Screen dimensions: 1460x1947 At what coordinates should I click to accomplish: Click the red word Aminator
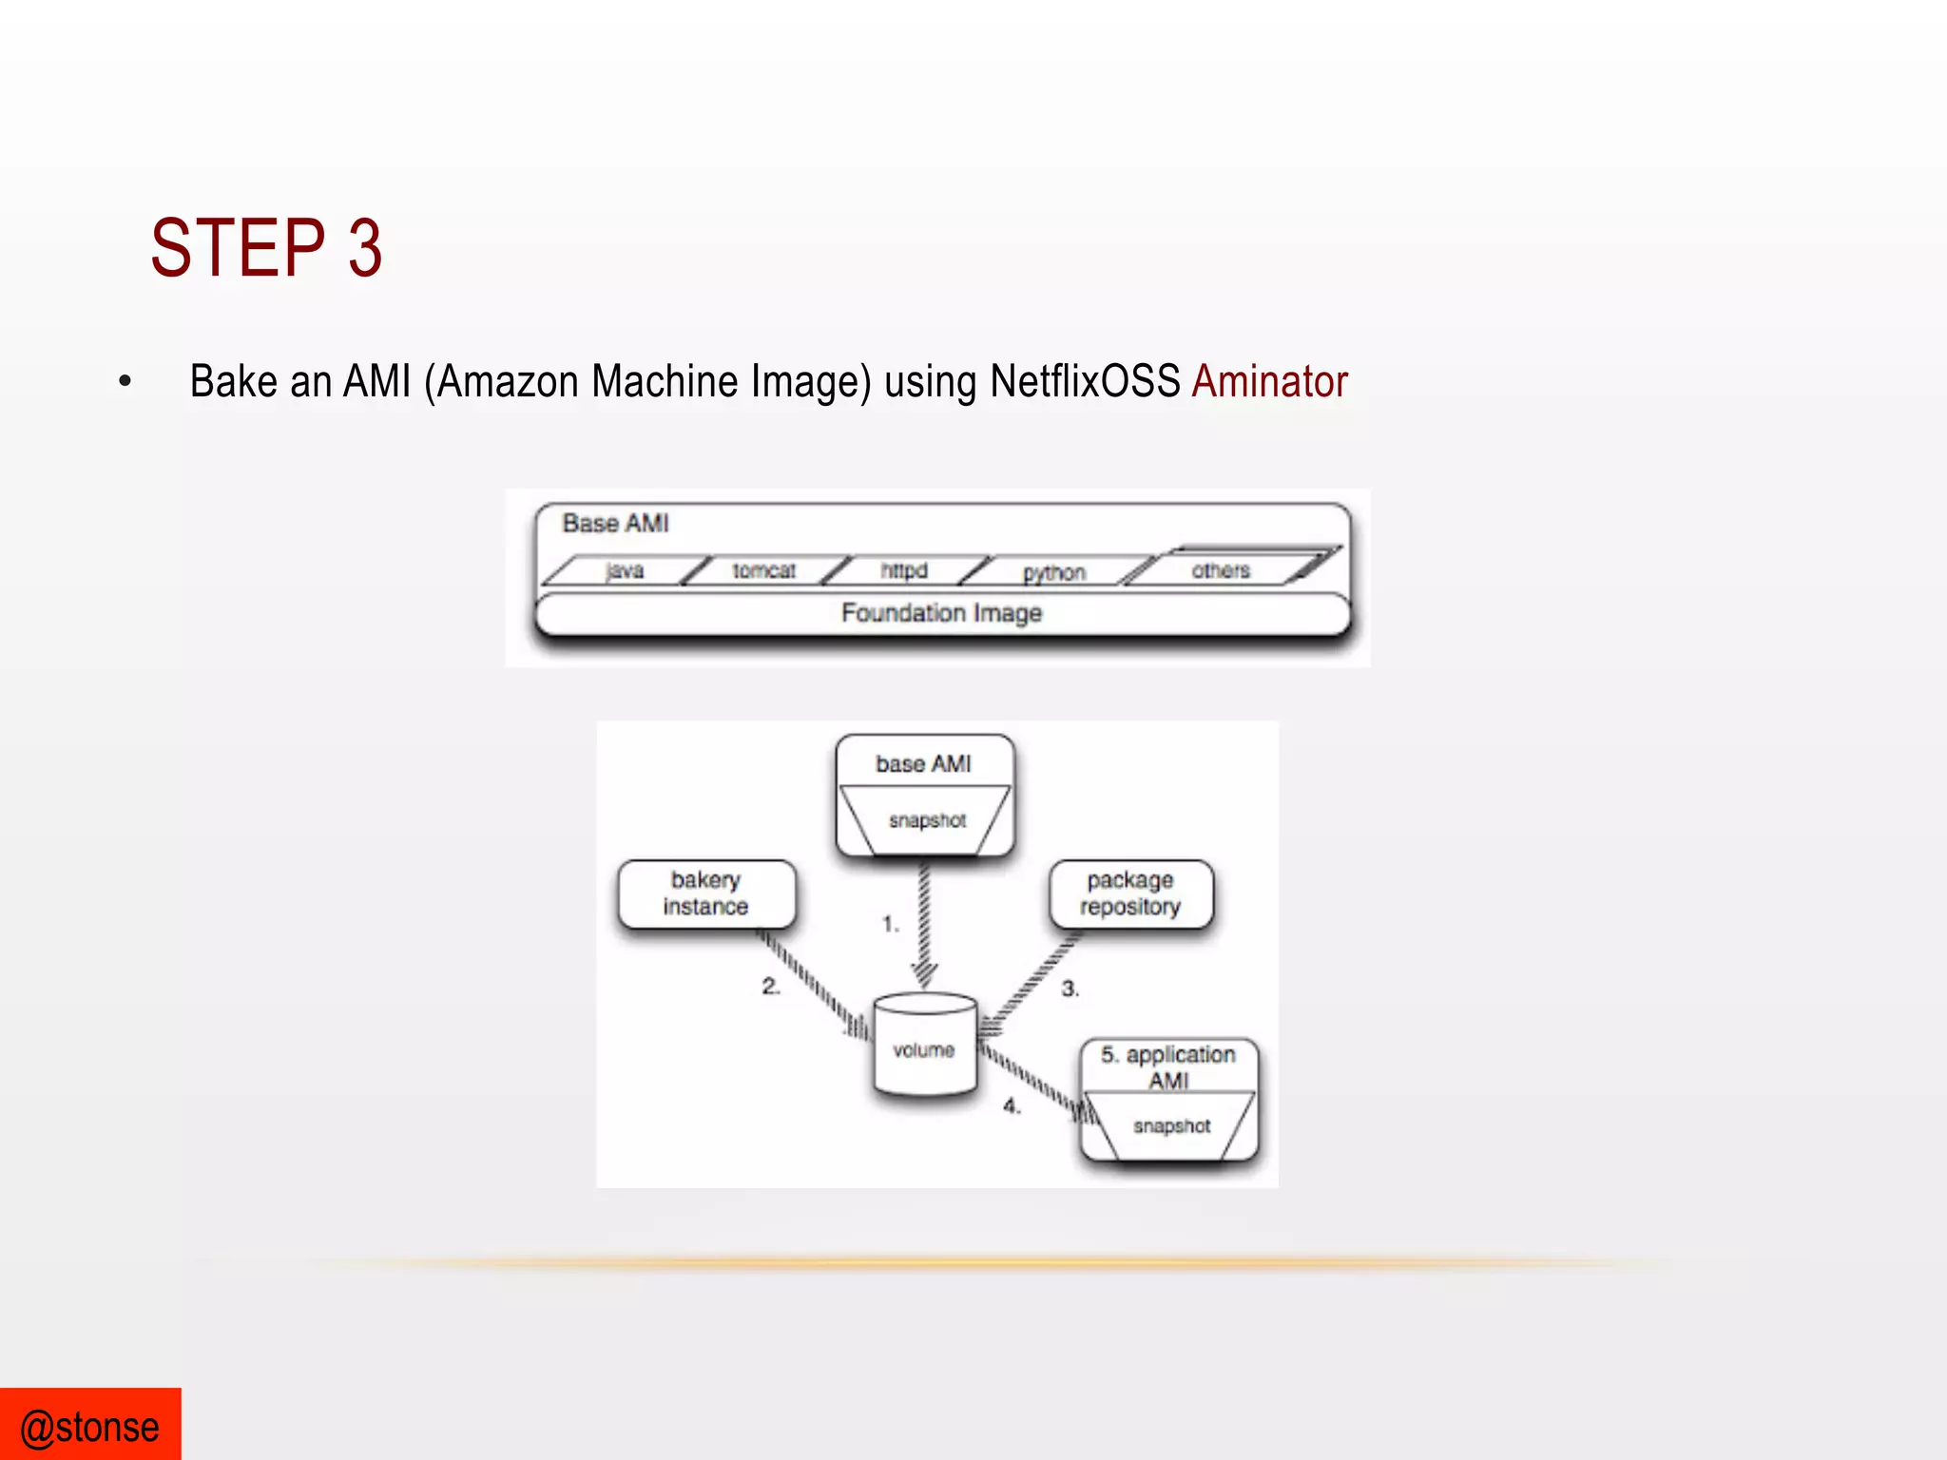click(x=1269, y=382)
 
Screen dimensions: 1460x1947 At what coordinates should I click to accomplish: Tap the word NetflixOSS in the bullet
click(x=1084, y=382)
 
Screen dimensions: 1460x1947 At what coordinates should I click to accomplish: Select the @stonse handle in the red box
click(x=90, y=1427)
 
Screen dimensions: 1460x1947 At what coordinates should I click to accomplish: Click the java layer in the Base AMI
click(x=625, y=570)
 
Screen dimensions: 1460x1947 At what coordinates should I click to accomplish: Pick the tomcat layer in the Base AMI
click(x=763, y=570)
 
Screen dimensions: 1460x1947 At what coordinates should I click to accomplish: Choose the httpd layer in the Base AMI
click(x=903, y=570)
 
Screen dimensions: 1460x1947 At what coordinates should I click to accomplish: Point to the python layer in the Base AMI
click(x=1053, y=572)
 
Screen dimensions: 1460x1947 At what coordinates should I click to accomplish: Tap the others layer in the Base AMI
click(x=1221, y=570)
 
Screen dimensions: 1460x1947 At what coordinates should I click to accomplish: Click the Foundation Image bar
click(x=941, y=613)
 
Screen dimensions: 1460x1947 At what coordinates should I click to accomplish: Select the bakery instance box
click(x=705, y=893)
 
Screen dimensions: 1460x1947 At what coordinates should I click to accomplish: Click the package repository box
click(x=1130, y=893)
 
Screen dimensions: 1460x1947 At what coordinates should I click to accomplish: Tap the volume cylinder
click(x=924, y=1046)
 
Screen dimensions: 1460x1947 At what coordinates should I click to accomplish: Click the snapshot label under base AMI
click(x=927, y=820)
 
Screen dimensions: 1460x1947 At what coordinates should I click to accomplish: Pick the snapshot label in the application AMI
click(x=1171, y=1126)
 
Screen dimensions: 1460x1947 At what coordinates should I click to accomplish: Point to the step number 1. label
click(x=891, y=923)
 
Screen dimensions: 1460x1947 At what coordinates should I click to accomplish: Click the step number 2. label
click(x=771, y=987)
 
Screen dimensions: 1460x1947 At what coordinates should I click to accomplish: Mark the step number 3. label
click(x=1070, y=989)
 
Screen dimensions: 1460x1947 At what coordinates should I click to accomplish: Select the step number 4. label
click(x=1012, y=1106)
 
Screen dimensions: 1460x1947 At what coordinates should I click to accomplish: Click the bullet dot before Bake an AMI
click(x=125, y=382)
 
